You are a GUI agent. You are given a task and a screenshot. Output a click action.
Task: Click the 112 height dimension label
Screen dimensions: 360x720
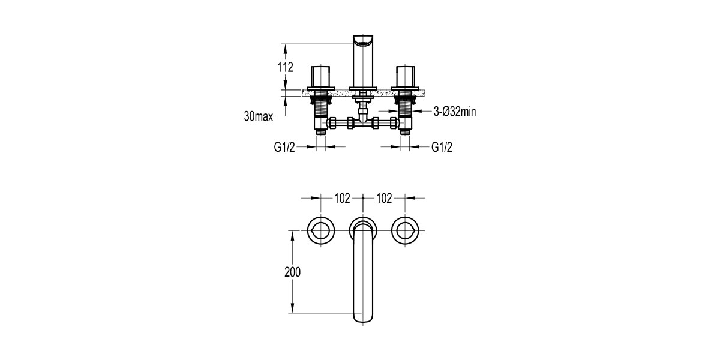286,67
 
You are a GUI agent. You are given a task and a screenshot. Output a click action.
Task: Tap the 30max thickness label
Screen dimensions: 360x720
258,116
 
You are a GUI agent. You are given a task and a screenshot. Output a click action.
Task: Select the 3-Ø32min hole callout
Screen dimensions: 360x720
454,111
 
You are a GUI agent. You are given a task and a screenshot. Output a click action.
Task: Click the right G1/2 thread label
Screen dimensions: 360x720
442,147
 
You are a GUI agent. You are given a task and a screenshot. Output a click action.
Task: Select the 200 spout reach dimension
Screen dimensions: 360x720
292,271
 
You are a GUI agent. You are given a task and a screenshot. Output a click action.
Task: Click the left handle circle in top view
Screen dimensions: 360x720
321,230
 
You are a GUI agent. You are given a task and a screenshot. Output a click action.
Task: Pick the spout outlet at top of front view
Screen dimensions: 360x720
363,41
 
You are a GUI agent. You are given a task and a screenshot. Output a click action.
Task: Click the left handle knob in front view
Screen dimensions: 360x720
321,77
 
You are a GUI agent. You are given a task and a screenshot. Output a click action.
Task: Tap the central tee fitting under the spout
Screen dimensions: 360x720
363,122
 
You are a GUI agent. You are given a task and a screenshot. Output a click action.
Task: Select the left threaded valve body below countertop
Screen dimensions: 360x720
321,108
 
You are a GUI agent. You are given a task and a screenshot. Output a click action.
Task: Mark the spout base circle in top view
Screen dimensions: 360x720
363,226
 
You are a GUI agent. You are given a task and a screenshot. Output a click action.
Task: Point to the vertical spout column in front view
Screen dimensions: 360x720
363,66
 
